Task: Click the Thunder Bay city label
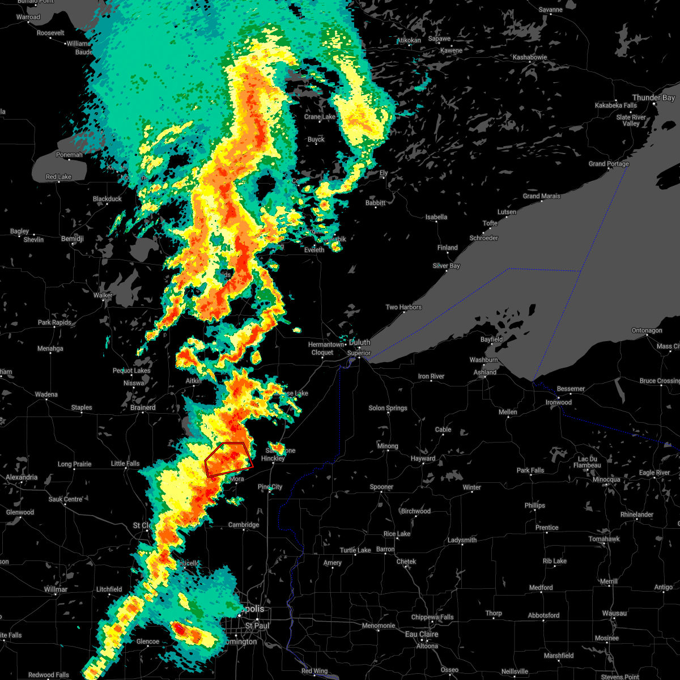point(653,98)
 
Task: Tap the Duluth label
point(359,342)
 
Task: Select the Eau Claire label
point(422,635)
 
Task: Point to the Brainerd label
point(143,407)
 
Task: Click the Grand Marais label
point(541,196)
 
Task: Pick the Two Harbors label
point(403,307)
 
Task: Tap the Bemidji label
point(73,239)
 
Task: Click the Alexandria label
point(22,477)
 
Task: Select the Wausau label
point(614,613)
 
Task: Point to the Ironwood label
point(559,402)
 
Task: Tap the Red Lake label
point(58,177)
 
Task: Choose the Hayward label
point(423,458)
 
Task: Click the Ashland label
point(484,372)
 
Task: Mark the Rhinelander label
point(636,515)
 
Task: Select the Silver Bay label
point(446,266)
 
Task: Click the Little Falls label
point(125,464)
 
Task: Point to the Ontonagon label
point(647,330)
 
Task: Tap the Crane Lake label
point(320,117)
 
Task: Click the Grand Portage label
point(609,164)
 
